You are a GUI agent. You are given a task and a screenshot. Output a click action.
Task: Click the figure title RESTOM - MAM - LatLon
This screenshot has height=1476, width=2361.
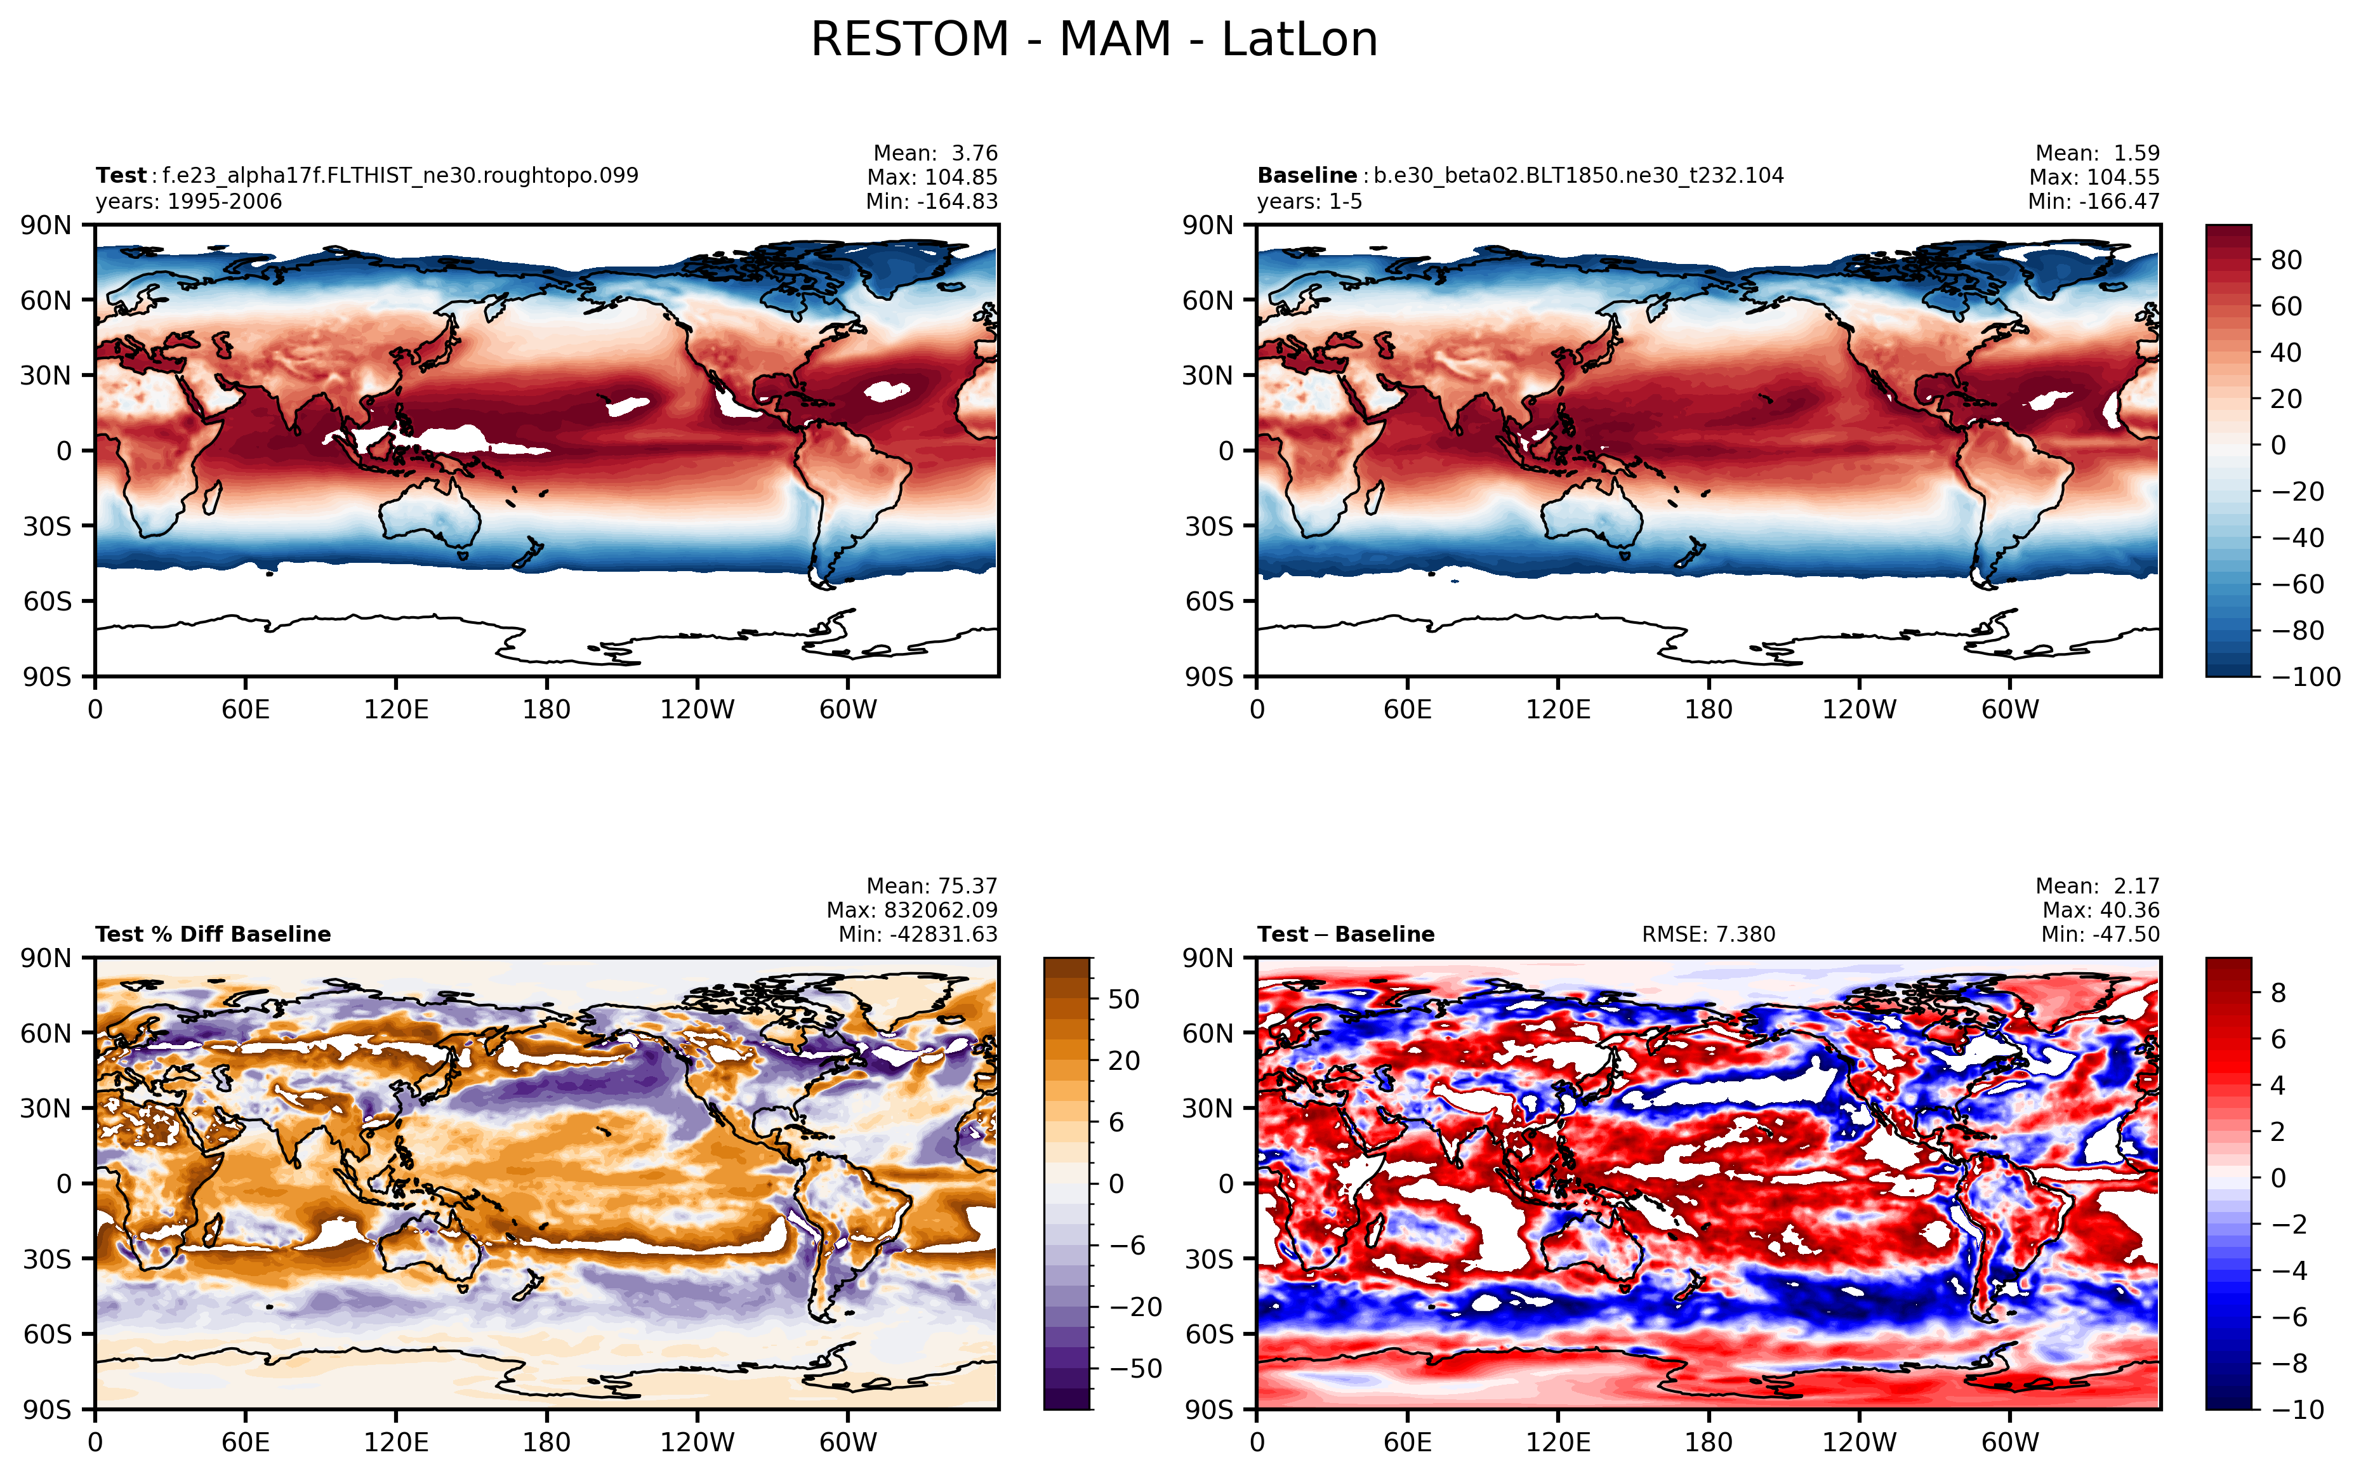(1094, 40)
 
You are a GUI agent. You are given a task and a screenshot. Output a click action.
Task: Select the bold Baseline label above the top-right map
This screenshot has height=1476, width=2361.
(1306, 176)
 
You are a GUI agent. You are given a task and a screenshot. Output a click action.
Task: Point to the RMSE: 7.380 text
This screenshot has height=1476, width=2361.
(1708, 934)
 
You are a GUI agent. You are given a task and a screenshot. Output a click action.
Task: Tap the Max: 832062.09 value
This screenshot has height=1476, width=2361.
(912, 910)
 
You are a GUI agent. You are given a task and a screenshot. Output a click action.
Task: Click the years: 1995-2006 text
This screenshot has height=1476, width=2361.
(188, 202)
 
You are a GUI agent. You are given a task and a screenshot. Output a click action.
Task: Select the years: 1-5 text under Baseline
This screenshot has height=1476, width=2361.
(1309, 202)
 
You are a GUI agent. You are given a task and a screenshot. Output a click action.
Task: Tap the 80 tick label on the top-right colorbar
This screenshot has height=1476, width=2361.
(2287, 260)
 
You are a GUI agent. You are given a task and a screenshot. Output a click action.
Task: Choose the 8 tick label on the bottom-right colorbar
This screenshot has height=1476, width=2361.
(2278, 993)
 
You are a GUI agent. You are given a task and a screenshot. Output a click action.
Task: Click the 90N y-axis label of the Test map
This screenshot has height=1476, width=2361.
(46, 225)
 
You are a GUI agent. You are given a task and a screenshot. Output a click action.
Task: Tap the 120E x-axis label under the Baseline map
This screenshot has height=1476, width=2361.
(1557, 709)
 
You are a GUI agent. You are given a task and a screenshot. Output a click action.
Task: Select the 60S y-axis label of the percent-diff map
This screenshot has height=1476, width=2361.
(48, 1333)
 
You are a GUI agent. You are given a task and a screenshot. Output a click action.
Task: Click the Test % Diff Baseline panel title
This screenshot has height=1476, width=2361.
(213, 934)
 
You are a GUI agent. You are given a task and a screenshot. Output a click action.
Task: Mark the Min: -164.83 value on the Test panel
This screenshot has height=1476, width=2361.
(932, 202)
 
